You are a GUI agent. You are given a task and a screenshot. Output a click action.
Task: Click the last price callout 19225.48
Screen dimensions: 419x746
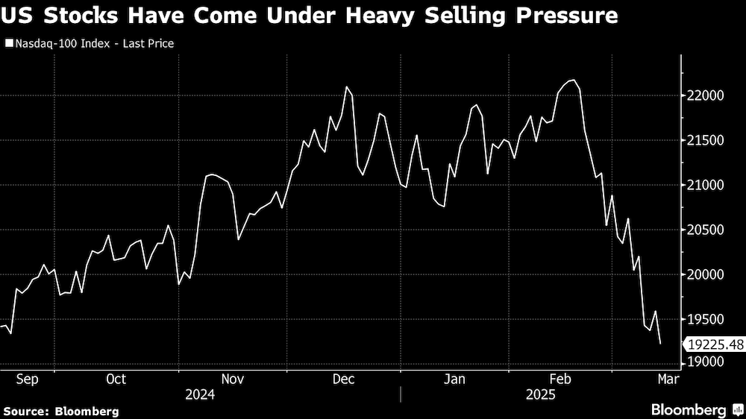[715, 344]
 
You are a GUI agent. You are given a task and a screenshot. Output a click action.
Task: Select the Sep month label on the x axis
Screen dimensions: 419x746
[27, 379]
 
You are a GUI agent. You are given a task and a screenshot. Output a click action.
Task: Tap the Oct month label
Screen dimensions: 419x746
[116, 379]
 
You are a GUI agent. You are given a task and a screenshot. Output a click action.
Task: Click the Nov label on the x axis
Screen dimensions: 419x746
[232, 379]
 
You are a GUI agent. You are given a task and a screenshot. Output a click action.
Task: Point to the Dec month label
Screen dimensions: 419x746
[343, 379]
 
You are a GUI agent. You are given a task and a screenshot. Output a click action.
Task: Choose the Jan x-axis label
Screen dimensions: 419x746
[455, 379]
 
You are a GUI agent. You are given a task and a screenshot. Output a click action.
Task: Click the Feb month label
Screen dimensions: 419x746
[561, 379]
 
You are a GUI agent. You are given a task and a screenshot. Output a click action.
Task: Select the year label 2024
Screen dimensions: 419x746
[200, 394]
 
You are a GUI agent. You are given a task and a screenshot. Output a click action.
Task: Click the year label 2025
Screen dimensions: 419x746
[540, 394]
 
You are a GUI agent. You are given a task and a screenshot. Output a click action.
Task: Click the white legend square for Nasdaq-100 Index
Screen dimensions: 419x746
[8, 43]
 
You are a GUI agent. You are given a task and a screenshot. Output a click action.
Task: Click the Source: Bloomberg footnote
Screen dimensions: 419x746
[61, 411]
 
